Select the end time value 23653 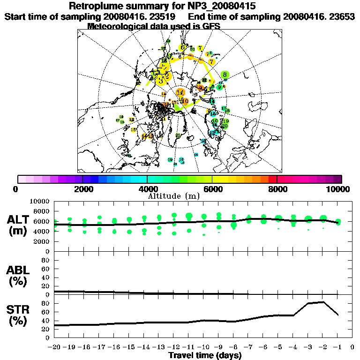[x=339, y=16]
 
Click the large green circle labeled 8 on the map [x=225, y=75]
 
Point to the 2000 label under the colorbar [x=82, y=189]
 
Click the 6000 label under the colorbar [x=212, y=189]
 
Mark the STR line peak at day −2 [x=323, y=302]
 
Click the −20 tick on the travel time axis [x=54, y=347]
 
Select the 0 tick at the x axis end [x=352, y=347]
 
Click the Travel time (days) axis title [x=205, y=355]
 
